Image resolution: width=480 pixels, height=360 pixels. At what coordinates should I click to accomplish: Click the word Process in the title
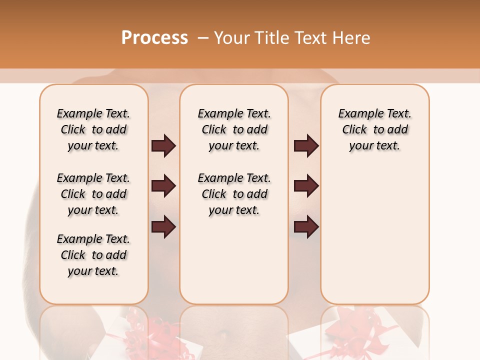coord(154,38)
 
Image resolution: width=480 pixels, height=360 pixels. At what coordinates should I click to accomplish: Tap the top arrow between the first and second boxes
coord(163,145)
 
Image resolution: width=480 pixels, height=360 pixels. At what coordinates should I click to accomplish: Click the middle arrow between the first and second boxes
coord(163,186)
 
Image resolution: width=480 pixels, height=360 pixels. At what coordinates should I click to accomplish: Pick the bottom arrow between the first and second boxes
coord(163,227)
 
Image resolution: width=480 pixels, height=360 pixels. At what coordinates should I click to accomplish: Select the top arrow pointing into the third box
coord(306,145)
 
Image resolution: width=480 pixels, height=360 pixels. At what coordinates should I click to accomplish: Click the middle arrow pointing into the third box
coord(306,186)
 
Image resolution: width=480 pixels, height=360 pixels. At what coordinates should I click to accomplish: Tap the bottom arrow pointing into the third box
coord(306,227)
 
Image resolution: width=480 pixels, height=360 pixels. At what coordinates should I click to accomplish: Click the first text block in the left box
coord(93,129)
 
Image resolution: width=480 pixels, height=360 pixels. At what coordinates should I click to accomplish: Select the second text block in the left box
coord(93,194)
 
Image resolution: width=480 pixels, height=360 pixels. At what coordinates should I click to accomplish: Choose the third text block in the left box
coord(93,255)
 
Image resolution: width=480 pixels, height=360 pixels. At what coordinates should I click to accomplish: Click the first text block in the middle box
coord(234,129)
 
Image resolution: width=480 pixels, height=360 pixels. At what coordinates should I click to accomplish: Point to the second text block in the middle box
coord(234,194)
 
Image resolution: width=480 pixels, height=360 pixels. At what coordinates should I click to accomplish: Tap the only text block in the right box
coord(374,129)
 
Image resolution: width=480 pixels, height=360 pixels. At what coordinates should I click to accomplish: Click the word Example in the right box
coord(356,114)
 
